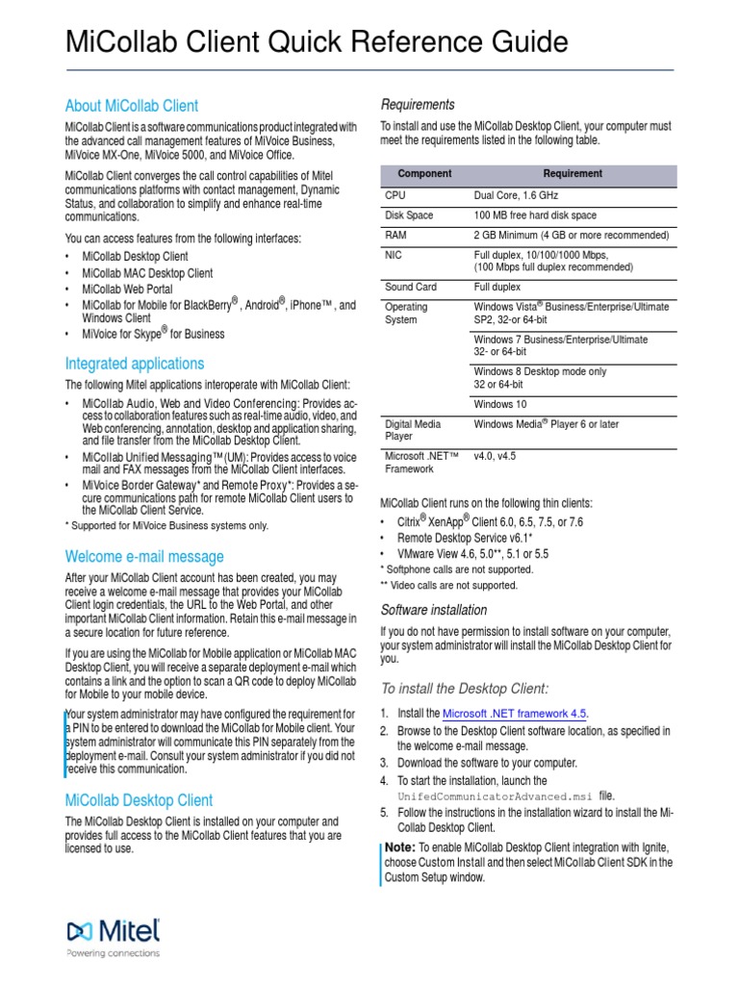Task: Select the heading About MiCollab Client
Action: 132,106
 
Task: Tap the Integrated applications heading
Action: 135,364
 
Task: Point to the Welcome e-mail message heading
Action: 144,556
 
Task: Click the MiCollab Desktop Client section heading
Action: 139,800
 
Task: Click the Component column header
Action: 424,174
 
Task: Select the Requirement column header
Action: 573,174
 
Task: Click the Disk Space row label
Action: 409,215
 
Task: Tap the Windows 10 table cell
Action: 500,404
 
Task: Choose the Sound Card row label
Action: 411,287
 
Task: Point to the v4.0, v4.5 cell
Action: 497,456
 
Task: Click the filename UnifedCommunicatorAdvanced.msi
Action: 496,796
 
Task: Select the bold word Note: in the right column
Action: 399,846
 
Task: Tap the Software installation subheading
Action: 434,610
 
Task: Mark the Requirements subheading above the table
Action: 418,104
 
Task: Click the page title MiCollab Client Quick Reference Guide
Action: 317,42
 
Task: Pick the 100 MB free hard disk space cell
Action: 535,215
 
